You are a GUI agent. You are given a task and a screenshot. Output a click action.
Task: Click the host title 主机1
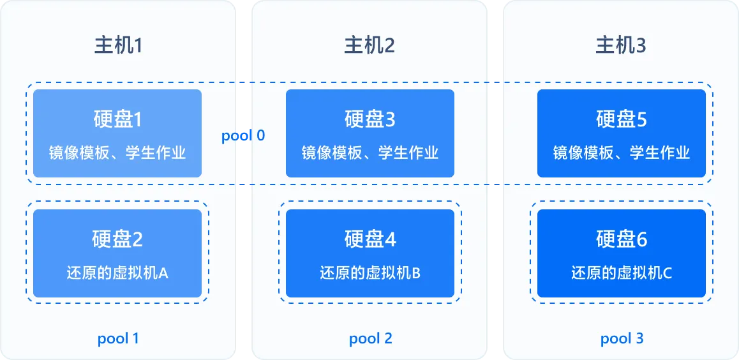click(x=117, y=45)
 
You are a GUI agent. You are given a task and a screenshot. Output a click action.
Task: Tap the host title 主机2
click(x=369, y=45)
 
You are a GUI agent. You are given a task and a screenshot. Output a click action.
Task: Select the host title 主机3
click(x=621, y=45)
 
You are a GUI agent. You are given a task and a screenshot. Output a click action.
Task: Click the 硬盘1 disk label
click(x=117, y=119)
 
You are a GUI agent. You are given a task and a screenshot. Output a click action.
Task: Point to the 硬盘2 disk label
click(x=117, y=239)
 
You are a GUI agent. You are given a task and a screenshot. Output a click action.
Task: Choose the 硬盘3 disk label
click(x=370, y=119)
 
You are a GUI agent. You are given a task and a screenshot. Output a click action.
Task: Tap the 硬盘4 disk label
click(x=370, y=239)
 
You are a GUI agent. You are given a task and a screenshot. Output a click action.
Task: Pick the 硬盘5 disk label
click(x=622, y=119)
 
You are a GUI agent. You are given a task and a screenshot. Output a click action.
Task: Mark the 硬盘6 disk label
click(x=622, y=239)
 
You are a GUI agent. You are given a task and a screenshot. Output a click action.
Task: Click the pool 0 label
click(x=243, y=136)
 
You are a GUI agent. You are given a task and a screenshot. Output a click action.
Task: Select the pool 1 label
click(x=118, y=338)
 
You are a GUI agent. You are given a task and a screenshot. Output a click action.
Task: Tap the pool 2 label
click(x=371, y=338)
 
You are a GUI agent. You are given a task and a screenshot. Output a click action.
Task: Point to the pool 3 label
click(x=622, y=338)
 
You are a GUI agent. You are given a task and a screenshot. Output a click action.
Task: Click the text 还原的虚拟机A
click(x=117, y=273)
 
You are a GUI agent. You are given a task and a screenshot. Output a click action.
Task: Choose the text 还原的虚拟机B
click(x=370, y=273)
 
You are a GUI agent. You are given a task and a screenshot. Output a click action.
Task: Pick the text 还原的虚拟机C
click(x=622, y=273)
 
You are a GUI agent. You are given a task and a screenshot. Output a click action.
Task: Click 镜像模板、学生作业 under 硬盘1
click(x=117, y=153)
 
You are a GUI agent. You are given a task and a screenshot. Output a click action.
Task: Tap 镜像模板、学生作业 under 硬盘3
click(x=370, y=153)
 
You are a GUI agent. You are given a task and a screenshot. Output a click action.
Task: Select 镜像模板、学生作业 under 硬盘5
click(x=622, y=153)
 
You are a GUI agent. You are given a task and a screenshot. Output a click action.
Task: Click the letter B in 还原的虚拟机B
click(x=416, y=274)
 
